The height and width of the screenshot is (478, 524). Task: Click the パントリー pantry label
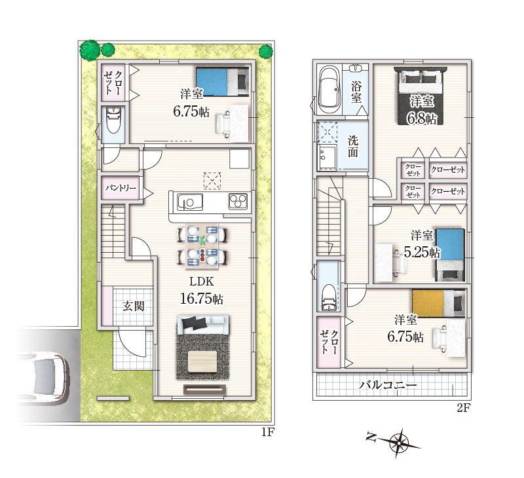[121, 188]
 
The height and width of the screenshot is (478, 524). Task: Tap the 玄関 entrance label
[133, 306]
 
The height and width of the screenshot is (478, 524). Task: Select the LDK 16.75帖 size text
[202, 299]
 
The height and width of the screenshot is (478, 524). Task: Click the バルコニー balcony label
[388, 385]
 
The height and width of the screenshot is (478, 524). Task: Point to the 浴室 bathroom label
[356, 92]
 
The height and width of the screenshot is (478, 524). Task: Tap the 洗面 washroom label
[353, 146]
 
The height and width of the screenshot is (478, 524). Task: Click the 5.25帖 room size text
[422, 252]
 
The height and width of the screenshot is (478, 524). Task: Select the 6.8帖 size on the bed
[421, 118]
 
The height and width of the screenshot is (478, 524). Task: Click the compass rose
[398, 443]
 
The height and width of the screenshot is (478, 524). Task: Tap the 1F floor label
[268, 433]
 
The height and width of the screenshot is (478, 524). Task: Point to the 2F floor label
[464, 407]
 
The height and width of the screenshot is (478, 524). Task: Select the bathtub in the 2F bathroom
[329, 90]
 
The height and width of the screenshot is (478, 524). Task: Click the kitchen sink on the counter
[190, 202]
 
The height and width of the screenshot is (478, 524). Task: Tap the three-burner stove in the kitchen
[238, 202]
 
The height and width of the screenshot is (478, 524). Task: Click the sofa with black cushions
[203, 324]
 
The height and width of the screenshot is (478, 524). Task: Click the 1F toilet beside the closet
[113, 120]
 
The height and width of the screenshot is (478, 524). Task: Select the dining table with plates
[202, 246]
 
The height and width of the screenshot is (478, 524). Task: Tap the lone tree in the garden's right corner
[266, 52]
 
